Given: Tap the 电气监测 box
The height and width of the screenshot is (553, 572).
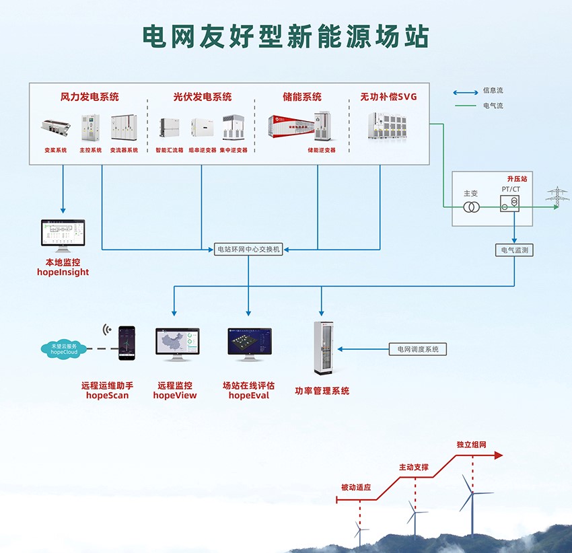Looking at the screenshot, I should coord(515,250).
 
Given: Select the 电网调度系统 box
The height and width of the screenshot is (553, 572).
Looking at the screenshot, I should coord(418,349).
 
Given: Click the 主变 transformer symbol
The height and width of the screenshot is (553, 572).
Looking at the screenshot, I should coord(470,207).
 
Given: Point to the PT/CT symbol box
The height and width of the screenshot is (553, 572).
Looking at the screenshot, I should coord(511,204).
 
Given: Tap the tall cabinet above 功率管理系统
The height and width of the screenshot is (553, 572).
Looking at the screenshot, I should coord(322,348).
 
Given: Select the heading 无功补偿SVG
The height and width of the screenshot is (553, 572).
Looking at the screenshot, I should coord(388,97).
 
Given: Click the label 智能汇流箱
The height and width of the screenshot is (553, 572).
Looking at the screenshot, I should coord(169,150).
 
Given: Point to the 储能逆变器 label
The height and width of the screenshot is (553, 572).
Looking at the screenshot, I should coord(321,150).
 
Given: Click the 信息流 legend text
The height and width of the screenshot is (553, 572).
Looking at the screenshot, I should coord(493,91).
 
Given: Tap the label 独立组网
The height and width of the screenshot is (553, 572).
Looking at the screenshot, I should coord(471,445).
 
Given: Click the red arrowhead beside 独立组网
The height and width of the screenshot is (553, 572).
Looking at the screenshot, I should coord(497,455).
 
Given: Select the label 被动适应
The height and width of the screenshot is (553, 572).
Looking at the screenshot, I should coord(356,488).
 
